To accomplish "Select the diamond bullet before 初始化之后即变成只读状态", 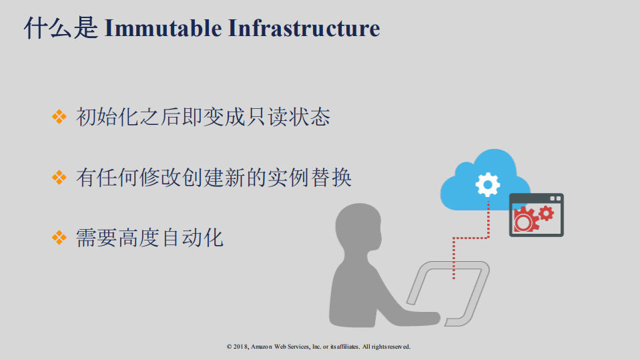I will point(60,118).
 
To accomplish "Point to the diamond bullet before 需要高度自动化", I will point(60,237).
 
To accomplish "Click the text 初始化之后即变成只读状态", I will point(203,118).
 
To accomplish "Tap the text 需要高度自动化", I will point(149,237).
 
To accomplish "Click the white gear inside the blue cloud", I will point(488,184).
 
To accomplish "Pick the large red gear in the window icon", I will point(526,219).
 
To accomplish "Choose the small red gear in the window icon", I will point(547,213).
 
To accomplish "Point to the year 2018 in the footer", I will point(240,347).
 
